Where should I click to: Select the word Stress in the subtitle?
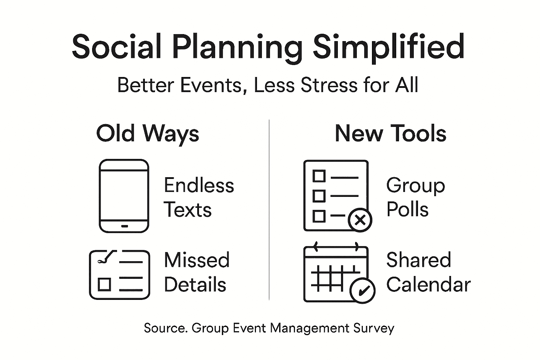[x=329, y=85]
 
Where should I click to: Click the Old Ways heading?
[x=148, y=134]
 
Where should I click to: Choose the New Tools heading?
[x=390, y=134]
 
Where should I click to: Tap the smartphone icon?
[x=124, y=196]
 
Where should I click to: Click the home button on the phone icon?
[x=124, y=226]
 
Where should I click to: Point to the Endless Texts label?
[x=199, y=197]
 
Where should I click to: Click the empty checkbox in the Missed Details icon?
[x=104, y=284]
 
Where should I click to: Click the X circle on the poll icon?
[x=360, y=220]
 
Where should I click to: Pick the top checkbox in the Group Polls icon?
[x=319, y=175]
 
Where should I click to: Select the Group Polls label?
[x=415, y=197]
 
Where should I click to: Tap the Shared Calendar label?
[x=428, y=272]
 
